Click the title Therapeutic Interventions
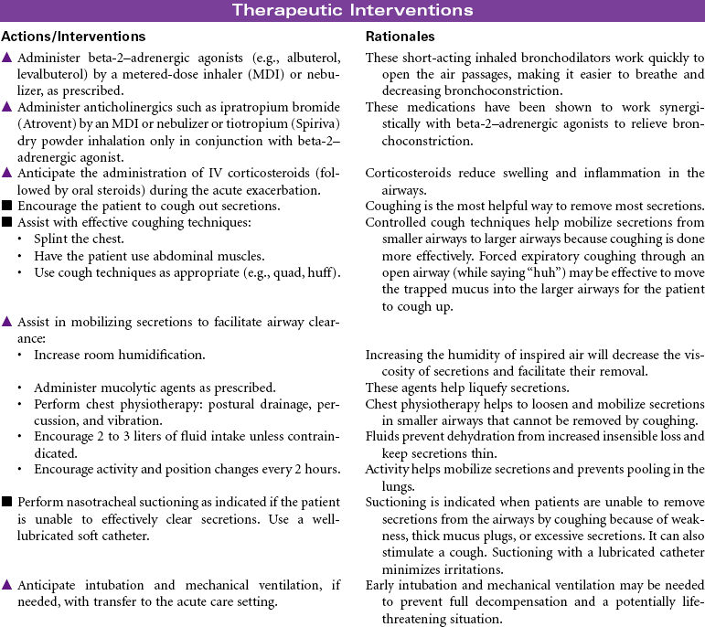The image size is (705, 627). pos(352,11)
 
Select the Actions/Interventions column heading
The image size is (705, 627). pos(73,37)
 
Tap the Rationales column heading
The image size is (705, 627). pos(400,37)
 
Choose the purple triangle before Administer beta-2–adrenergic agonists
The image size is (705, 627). pos(7,58)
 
